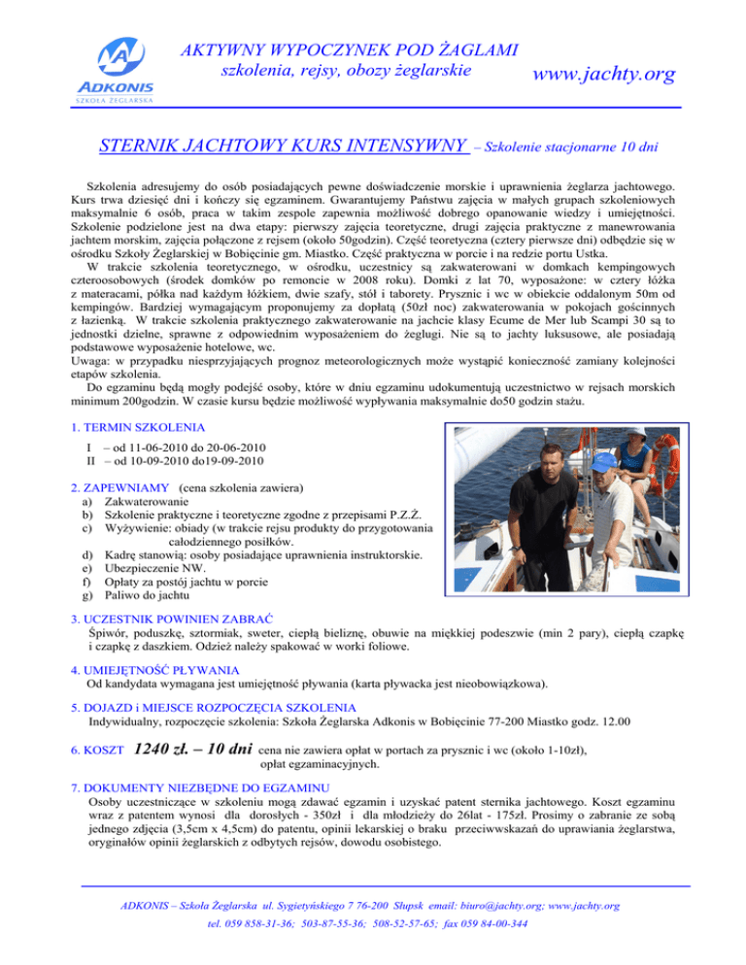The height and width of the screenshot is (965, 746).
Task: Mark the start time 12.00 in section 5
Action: (x=615, y=720)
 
